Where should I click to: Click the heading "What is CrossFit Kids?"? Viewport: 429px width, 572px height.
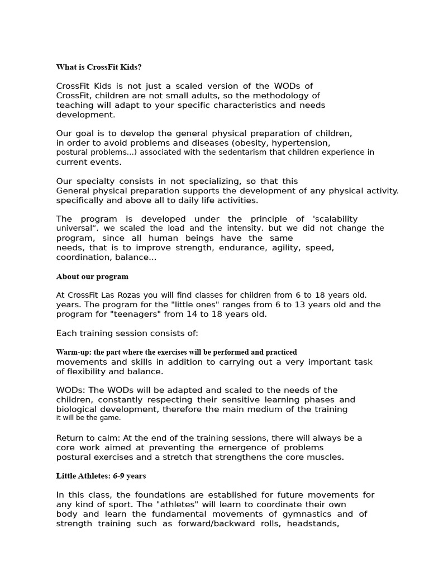99,67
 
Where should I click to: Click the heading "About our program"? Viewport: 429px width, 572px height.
92,277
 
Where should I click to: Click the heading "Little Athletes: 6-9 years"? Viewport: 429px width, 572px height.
101,476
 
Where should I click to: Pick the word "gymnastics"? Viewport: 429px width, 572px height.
308,514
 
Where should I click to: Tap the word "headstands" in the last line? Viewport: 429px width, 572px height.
313,523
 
